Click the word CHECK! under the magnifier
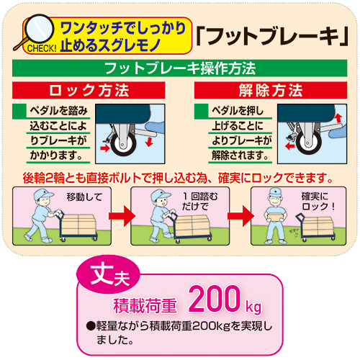click(42, 48)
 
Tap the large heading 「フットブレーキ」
click(272, 36)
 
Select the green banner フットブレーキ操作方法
click(179, 68)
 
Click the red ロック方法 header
click(89, 90)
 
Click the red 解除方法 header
click(271, 90)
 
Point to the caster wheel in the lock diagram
click(123, 144)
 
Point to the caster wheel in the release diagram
click(308, 143)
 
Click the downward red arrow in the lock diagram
click(149, 142)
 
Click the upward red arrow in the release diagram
click(338, 118)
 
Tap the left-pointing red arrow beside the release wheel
click(290, 145)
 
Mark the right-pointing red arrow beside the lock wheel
click(105, 148)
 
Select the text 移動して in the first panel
click(84, 197)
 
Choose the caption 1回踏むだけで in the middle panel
click(200, 202)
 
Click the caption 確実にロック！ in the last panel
click(318, 202)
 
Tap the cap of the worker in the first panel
click(42, 194)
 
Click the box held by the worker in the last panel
click(275, 217)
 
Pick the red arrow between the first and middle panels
click(122, 216)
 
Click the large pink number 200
click(215, 298)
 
